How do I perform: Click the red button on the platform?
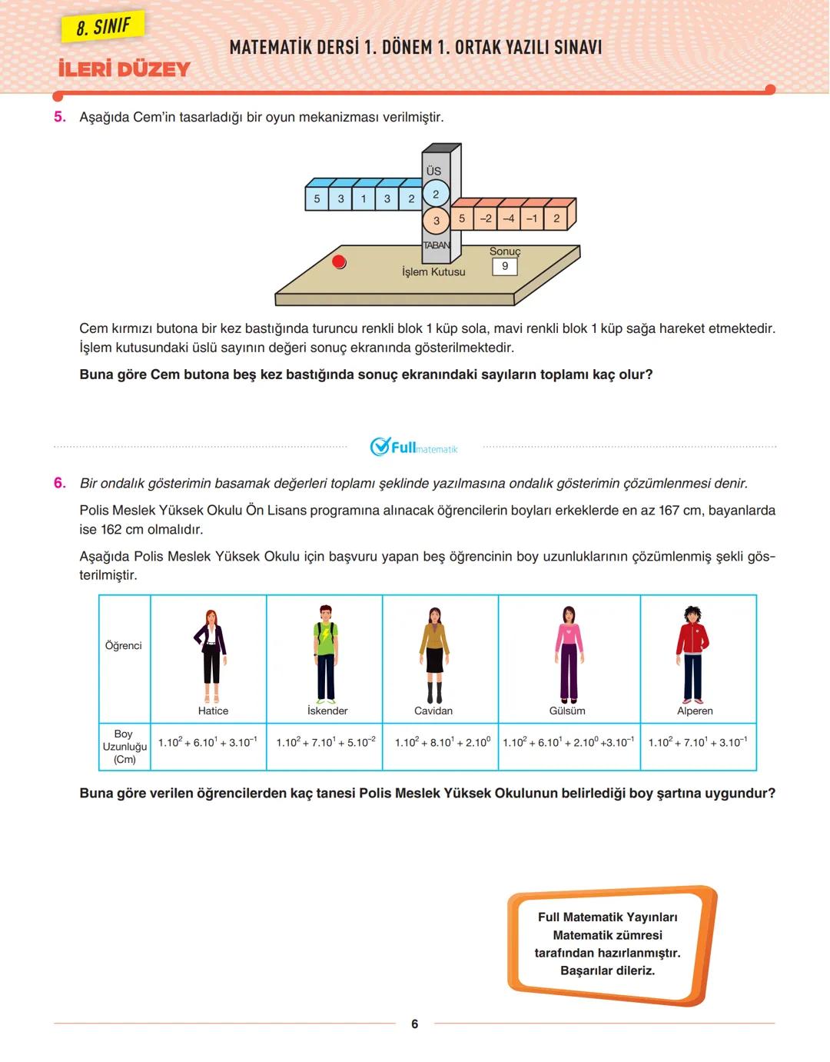point(339,261)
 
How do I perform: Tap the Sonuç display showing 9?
point(504,266)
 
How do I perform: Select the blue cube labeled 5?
point(317,198)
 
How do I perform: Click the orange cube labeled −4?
point(509,218)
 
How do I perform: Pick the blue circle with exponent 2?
point(436,195)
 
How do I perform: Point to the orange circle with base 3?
point(436,221)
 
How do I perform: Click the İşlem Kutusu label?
point(433,271)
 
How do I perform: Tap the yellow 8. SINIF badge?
point(103,28)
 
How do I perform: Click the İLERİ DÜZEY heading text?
point(124,69)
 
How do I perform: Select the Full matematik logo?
point(413,447)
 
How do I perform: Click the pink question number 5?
point(60,117)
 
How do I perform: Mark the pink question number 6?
point(60,483)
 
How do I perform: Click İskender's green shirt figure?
point(326,654)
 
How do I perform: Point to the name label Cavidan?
point(433,711)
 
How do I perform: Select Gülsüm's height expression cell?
point(569,743)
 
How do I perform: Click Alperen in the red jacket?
point(692,654)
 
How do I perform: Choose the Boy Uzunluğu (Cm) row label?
point(124,746)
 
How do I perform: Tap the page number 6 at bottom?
point(415,1024)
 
